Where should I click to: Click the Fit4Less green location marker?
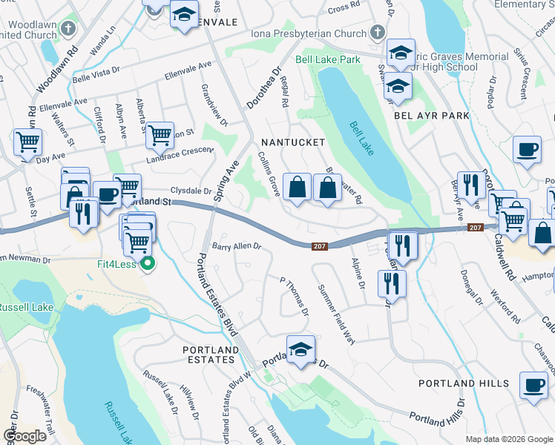coord(148,263)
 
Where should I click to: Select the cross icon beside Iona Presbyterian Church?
coord(377,33)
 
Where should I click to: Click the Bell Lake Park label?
coord(327,59)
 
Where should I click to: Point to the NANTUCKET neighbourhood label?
coord(292,142)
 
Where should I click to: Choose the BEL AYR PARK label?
coord(432,116)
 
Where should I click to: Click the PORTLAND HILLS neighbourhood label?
coord(464,383)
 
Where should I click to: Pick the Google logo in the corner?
coord(24,435)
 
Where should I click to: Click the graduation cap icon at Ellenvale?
coord(183,15)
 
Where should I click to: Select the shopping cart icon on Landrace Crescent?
coord(160,135)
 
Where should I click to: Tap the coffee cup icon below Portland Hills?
coord(533,386)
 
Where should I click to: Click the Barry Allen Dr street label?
coord(237,246)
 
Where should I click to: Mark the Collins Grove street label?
coord(268,175)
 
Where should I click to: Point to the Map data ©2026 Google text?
coord(509,439)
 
